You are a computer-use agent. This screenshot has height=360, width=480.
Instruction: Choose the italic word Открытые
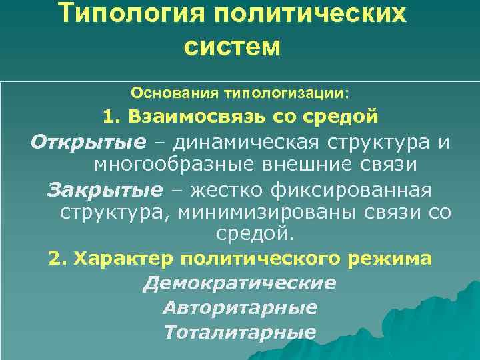88,142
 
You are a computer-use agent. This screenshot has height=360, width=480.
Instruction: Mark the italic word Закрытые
105,191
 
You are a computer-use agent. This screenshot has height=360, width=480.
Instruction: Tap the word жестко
227,191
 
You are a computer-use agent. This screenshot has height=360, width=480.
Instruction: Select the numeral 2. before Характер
59,257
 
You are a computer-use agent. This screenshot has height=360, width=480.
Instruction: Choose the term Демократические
239,283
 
